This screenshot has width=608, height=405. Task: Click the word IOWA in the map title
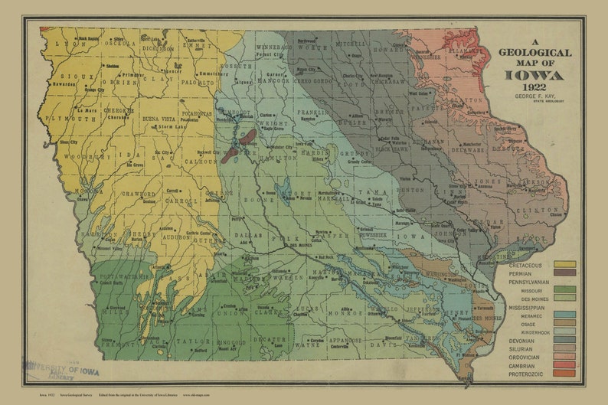pyautogui.click(x=534, y=75)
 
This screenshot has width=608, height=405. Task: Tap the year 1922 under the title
pyautogui.click(x=534, y=88)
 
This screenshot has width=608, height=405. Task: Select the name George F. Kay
pyautogui.click(x=534, y=96)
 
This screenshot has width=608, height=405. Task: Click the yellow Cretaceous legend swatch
pyautogui.click(x=565, y=264)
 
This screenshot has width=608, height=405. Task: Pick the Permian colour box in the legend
pyautogui.click(x=565, y=273)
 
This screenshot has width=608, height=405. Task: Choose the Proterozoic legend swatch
pyautogui.click(x=565, y=374)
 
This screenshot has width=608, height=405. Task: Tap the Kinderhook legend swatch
pyautogui.click(x=565, y=332)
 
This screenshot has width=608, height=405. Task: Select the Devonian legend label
pyautogui.click(x=522, y=340)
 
